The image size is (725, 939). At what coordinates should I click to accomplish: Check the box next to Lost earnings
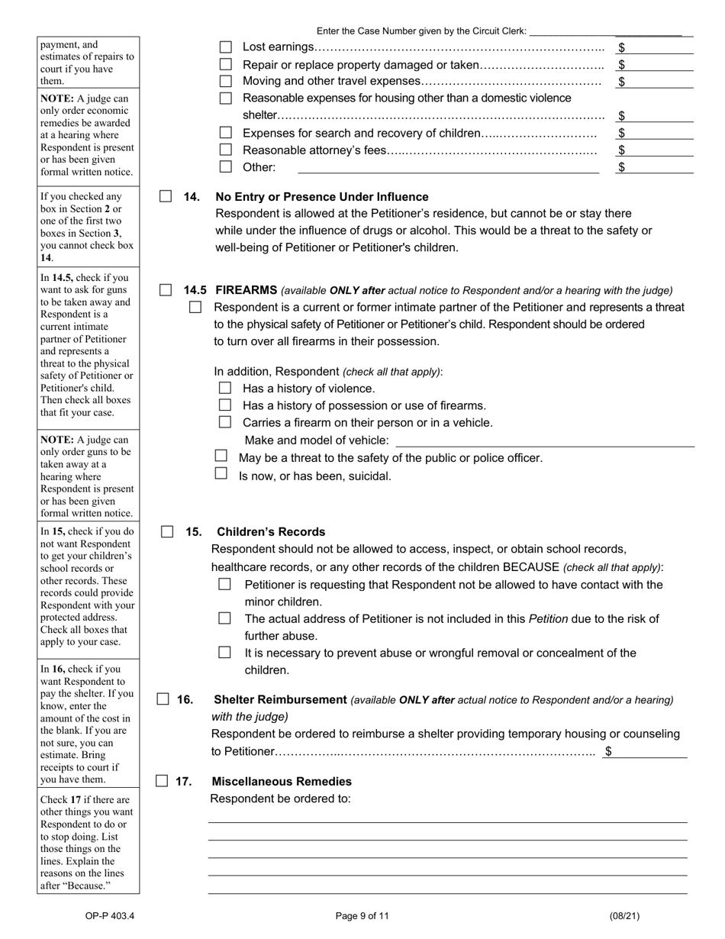tap(226, 47)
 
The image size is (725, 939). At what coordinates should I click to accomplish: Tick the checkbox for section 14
tap(166, 196)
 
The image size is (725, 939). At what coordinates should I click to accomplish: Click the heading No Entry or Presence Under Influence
tap(322, 197)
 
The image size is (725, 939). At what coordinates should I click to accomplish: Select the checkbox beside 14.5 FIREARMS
tap(166, 290)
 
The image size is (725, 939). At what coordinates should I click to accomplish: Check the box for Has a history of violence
tap(225, 388)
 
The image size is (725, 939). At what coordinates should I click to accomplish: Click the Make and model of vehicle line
tap(545, 440)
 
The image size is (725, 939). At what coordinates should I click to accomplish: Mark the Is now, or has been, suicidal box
tap(221, 473)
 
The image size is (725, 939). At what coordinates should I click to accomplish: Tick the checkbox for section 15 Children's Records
tap(167, 532)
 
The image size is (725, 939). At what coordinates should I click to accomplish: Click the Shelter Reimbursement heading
tap(280, 700)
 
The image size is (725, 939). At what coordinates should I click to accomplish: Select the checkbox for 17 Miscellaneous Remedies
tap(162, 781)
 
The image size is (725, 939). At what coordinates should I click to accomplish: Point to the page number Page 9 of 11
tap(362, 916)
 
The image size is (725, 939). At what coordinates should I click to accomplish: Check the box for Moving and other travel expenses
tap(226, 81)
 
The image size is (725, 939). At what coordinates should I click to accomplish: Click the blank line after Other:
tap(448, 167)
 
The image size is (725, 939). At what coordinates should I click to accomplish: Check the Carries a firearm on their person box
tap(225, 422)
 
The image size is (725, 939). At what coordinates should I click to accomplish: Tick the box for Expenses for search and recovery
tap(226, 133)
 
